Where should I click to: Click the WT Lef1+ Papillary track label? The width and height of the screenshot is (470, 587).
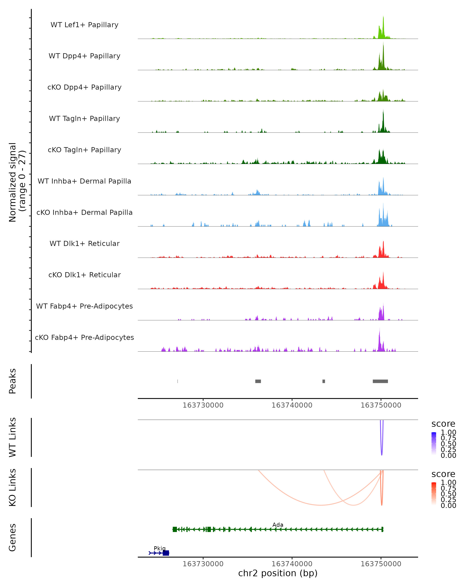pos(84,25)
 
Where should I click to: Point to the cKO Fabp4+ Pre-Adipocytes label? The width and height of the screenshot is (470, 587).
pos(84,337)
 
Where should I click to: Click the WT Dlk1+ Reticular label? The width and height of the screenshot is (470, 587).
pos(84,243)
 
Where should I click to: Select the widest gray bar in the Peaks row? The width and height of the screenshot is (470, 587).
pos(380,381)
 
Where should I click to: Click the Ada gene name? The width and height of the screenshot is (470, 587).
pos(278,525)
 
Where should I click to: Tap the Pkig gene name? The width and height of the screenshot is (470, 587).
pos(160,548)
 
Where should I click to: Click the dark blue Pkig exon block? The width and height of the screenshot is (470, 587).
pos(166,553)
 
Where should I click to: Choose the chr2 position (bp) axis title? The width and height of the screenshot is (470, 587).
pos(278,573)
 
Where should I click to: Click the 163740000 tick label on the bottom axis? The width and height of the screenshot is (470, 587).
pos(292,564)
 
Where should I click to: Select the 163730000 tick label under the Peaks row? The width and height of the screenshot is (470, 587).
pos(203,405)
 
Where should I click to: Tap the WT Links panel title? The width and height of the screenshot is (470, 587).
pos(13,437)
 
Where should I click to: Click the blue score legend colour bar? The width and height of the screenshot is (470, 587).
pos(434,444)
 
